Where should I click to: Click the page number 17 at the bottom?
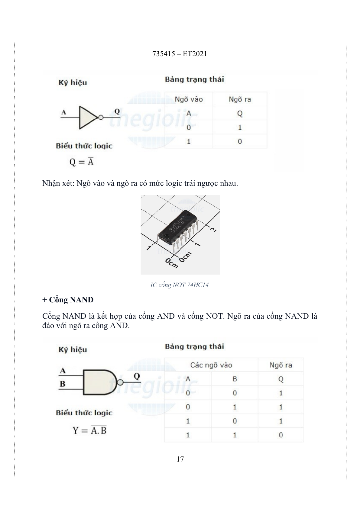tap(180, 459)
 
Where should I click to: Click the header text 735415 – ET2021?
tap(180, 54)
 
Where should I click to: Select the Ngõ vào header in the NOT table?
tap(189, 99)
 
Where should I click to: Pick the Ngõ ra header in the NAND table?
tap(281, 365)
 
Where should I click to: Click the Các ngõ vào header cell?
tap(211, 365)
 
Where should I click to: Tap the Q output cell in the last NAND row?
tap(281, 435)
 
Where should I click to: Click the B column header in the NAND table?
tap(235, 379)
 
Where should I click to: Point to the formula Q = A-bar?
tap(81, 162)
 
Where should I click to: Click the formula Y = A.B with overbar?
tap(89, 430)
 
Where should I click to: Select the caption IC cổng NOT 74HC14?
tap(180, 285)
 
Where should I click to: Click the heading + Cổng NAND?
tap(68, 300)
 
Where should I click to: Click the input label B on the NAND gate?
tap(63, 384)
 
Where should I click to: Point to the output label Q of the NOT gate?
tap(117, 111)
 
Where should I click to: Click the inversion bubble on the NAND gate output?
tap(120, 382)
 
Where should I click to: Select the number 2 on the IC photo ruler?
tap(213, 230)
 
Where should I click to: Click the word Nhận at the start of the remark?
tap(51, 183)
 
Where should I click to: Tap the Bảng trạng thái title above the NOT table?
tap(194, 79)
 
